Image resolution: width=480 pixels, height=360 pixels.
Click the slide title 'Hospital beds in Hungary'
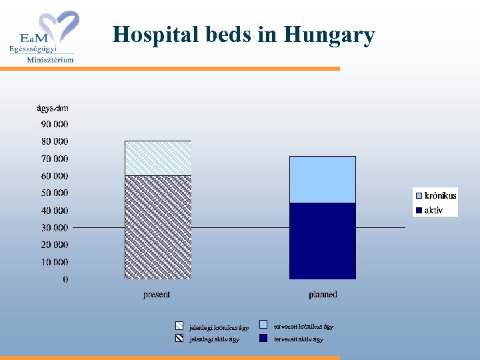point(243,35)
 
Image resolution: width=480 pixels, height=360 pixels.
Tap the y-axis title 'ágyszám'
point(52,108)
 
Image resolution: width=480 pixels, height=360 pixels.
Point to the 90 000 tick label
point(54,124)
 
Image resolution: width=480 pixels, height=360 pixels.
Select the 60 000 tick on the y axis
point(54,176)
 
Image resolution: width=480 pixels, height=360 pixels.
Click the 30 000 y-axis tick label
point(54,227)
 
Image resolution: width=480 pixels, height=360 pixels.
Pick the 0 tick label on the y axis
point(65,279)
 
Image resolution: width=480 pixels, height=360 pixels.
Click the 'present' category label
point(157,295)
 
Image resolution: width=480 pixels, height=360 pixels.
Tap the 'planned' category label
point(323,295)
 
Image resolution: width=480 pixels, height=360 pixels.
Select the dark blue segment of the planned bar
point(323,241)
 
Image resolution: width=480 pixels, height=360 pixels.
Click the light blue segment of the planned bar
point(323,179)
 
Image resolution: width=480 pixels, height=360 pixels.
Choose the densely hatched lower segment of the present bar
point(158,227)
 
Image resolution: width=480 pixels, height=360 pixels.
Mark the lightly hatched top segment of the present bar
point(158,158)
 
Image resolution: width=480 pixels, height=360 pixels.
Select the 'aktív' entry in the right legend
point(433,210)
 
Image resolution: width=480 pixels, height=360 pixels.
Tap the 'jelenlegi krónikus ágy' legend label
point(219,327)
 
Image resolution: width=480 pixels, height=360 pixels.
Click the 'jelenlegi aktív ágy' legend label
point(214,339)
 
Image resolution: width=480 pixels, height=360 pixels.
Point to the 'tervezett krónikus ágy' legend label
point(304,327)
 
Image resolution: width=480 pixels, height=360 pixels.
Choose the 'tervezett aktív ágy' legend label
point(299,339)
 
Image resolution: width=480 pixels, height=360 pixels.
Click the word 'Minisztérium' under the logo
point(50,59)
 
